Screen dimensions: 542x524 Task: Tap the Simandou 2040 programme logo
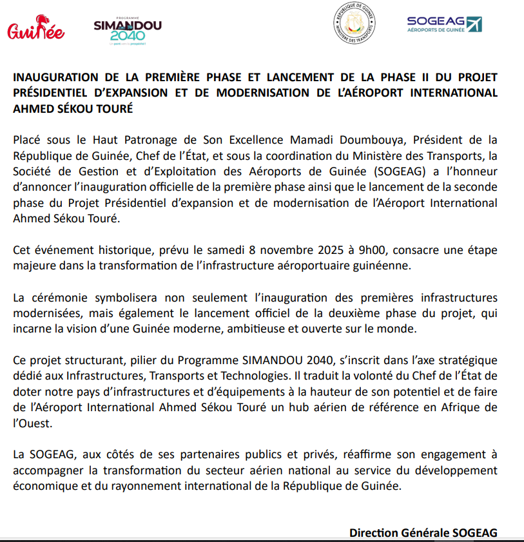pyautogui.click(x=128, y=30)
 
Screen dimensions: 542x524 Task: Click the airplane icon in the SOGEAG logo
pyautogui.click(x=474, y=24)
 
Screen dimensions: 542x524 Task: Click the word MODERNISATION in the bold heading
pyautogui.click(x=263, y=93)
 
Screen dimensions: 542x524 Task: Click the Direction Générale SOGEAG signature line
pyautogui.click(x=423, y=533)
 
